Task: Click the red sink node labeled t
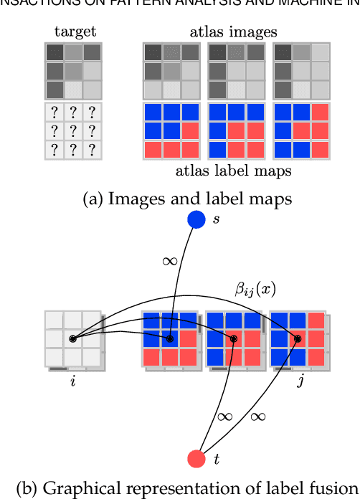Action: click(x=196, y=458)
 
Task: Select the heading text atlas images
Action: click(x=234, y=32)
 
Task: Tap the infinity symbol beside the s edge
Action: click(x=170, y=262)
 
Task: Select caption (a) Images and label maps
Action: click(x=180, y=199)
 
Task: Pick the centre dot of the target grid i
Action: click(x=72, y=338)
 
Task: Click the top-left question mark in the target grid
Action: click(x=55, y=113)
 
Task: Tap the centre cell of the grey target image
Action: click(x=72, y=71)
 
